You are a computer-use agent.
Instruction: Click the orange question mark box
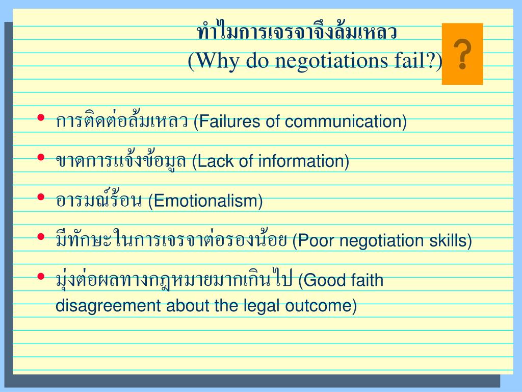coord(462,54)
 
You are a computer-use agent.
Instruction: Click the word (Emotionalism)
coord(205,201)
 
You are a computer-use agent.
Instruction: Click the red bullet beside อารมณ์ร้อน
coord(41,197)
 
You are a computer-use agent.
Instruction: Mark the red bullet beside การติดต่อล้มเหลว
coord(41,118)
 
